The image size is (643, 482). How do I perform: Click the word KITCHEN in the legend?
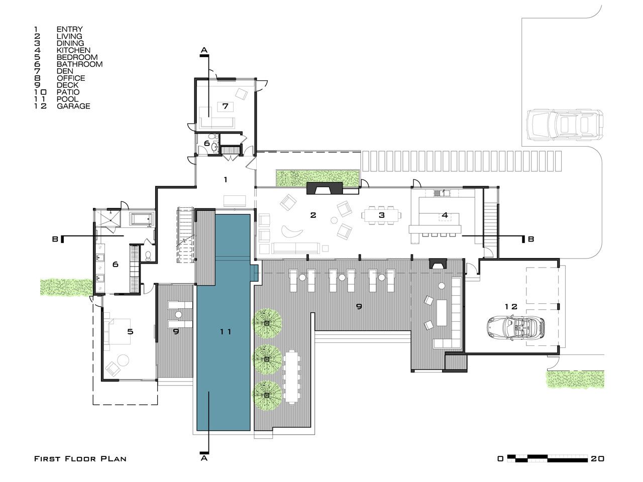[73, 50]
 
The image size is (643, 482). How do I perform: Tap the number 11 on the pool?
[226, 331]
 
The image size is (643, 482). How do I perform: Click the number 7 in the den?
[225, 106]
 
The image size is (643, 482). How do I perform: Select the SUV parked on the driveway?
[565, 125]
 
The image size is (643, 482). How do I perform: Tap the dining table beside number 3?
[381, 215]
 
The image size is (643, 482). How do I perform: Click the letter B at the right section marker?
[531, 239]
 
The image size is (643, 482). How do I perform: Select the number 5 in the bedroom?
[130, 331]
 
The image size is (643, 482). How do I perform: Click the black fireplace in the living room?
[325, 188]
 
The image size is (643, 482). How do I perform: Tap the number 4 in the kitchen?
[445, 215]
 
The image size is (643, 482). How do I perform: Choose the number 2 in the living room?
[313, 215]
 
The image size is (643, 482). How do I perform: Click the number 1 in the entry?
[225, 179]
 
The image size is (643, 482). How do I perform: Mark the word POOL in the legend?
[68, 99]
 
